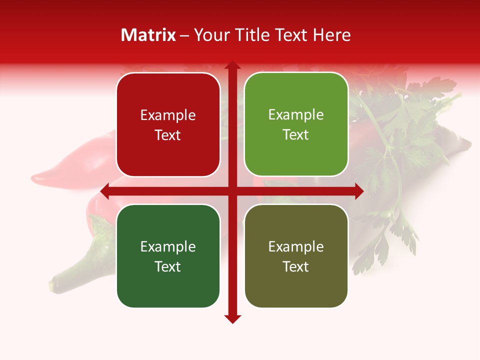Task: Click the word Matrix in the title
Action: [148, 35]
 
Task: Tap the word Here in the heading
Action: [331, 35]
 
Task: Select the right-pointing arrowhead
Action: [359, 191]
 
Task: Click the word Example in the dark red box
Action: [168, 115]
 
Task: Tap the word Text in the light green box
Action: [296, 135]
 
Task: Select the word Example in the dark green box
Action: [168, 246]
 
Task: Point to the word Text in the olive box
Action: [296, 266]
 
